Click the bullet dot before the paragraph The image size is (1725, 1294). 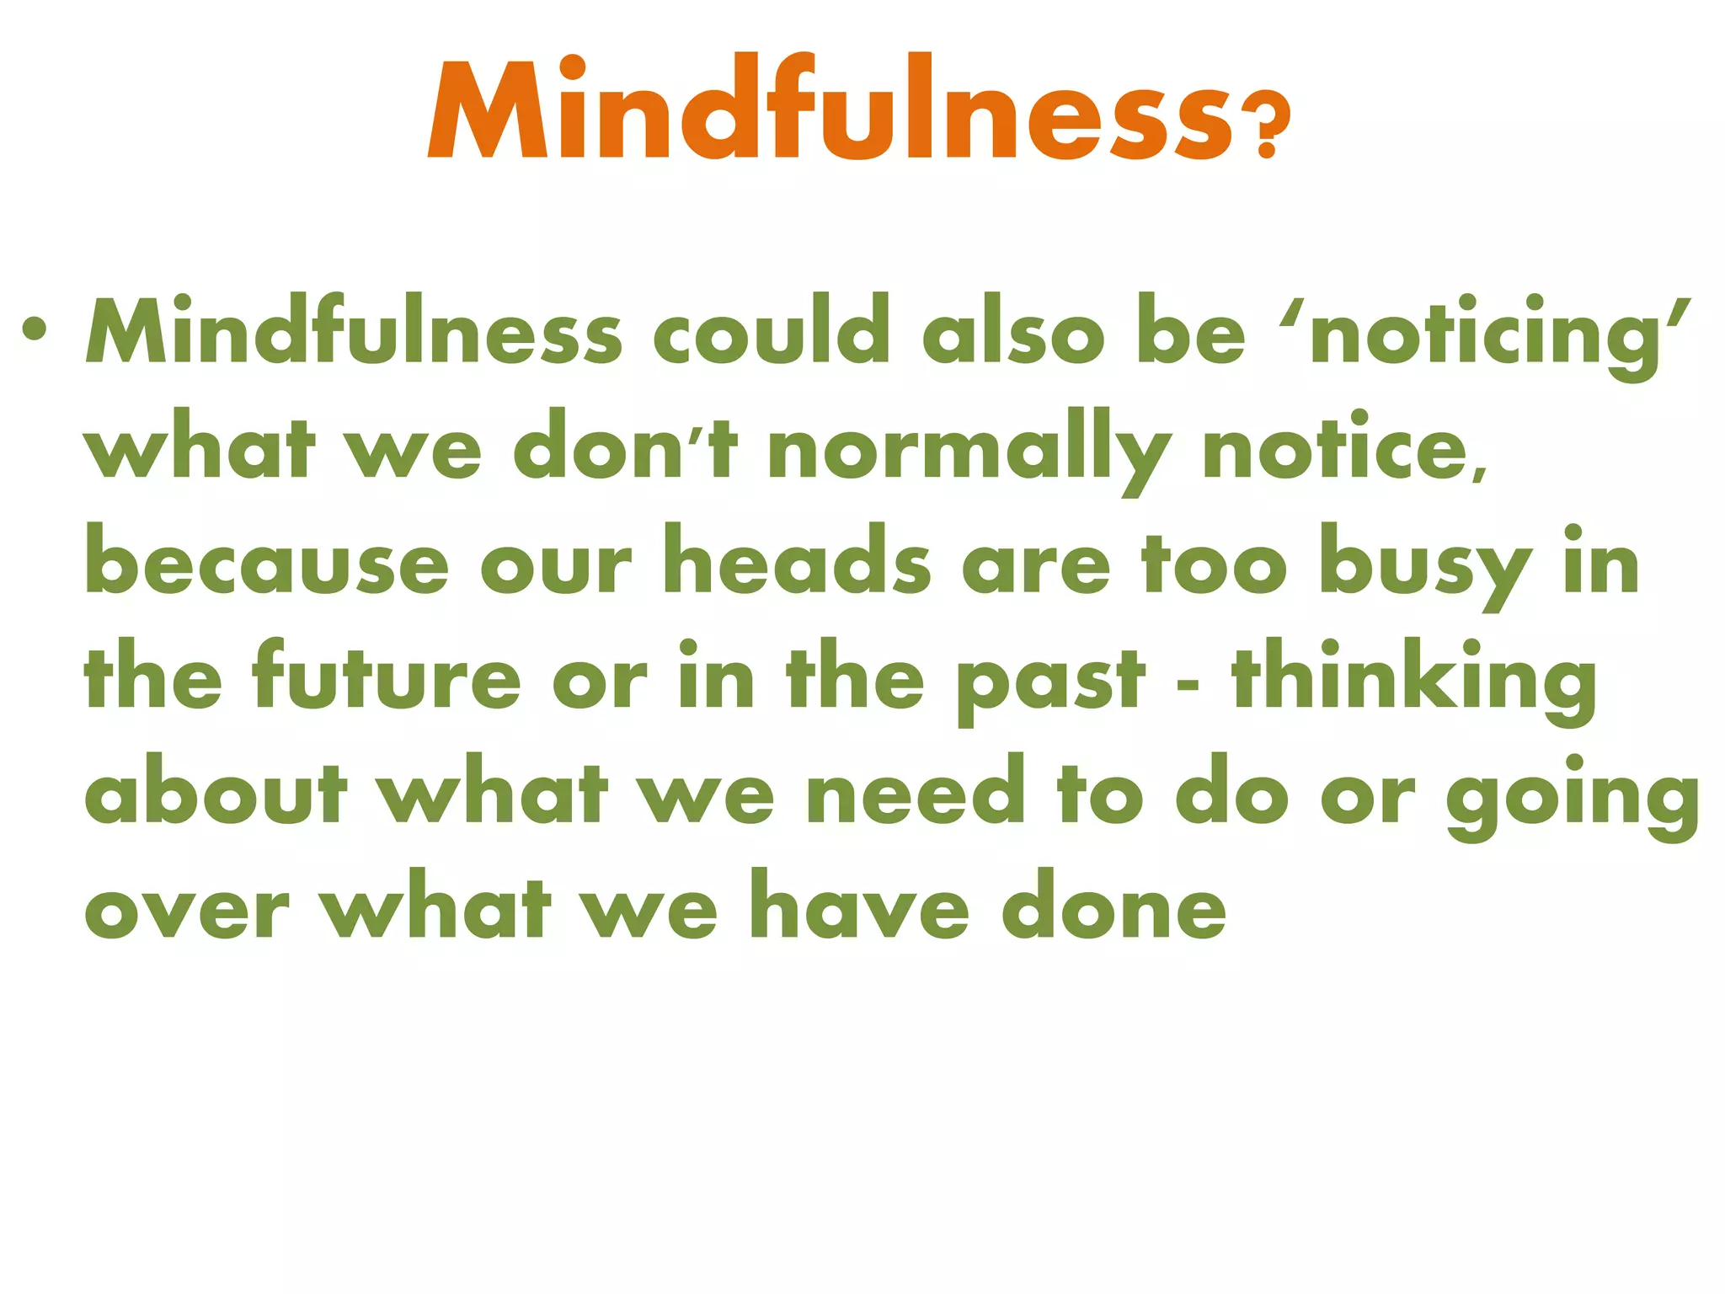(x=35, y=329)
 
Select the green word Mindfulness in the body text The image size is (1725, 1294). (x=354, y=331)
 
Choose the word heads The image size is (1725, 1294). (x=797, y=560)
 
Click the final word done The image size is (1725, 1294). (x=1114, y=906)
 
